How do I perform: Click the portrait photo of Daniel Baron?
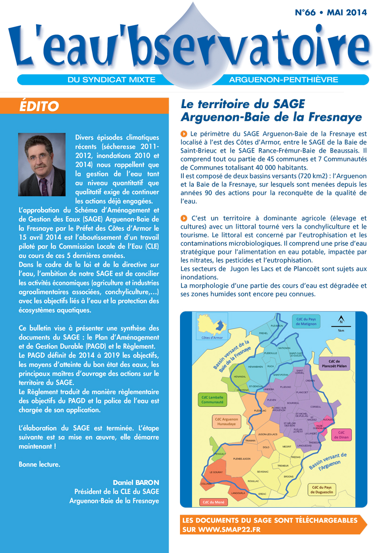click(42, 164)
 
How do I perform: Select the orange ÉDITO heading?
click(40, 106)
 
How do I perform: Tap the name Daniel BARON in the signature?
click(136, 482)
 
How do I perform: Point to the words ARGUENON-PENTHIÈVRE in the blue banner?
click(283, 80)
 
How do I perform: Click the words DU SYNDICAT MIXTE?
click(111, 80)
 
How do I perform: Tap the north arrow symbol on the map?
click(341, 320)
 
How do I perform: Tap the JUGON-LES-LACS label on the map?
click(268, 434)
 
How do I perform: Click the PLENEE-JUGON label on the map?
click(241, 459)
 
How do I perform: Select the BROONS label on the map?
click(289, 477)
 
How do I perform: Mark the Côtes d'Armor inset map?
click(212, 328)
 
